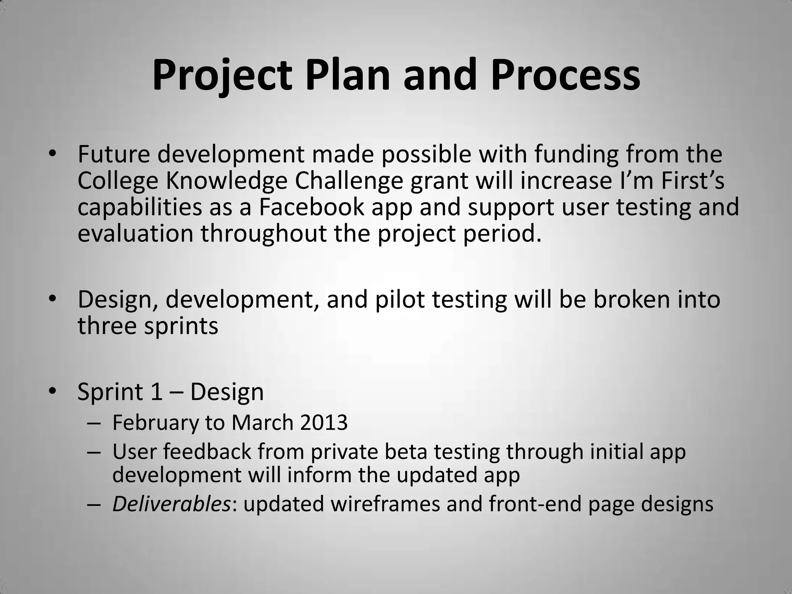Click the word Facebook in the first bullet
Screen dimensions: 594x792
tap(311, 207)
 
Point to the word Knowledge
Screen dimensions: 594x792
tap(226, 181)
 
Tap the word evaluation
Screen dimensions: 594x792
tap(135, 234)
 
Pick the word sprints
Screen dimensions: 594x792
tap(181, 326)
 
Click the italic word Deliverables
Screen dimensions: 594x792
tap(172, 504)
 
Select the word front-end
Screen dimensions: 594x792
tap(535, 504)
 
